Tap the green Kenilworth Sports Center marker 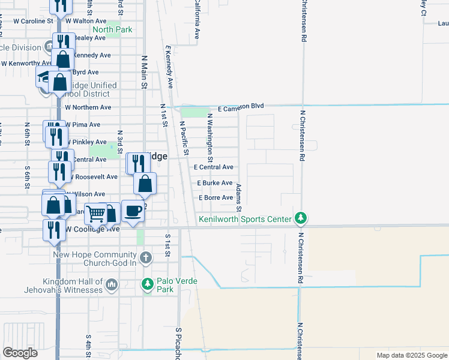303,218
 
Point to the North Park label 112,29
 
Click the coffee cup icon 133,211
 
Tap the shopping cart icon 95,213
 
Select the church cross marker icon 145,258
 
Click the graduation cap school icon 44,77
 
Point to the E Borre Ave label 215,197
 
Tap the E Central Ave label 213,167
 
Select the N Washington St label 210,138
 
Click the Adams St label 238,197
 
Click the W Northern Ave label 88,107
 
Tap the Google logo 20,353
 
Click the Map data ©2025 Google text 411,355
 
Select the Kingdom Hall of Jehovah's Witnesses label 73,286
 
